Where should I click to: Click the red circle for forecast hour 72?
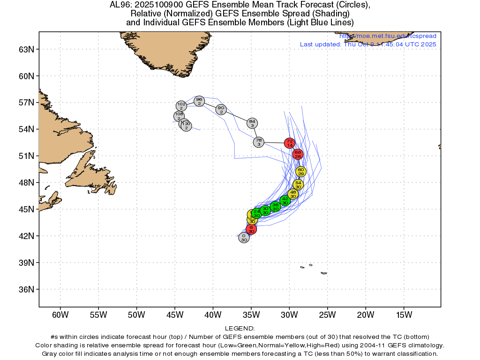click(290, 143)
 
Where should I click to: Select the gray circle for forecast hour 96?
click(199, 101)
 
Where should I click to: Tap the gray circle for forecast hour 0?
click(244, 238)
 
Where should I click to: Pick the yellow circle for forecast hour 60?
click(301, 172)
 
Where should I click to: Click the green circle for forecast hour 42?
click(285, 201)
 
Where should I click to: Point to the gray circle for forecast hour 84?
click(252, 123)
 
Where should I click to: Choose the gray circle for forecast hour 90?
click(221, 110)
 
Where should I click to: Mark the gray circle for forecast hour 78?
click(259, 142)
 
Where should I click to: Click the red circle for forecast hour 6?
click(251, 229)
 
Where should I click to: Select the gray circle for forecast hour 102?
click(181, 106)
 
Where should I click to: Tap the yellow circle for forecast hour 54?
click(298, 185)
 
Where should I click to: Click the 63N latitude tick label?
click(26, 49)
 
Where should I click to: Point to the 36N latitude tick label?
click(26, 289)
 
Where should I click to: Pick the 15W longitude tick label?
click(404, 314)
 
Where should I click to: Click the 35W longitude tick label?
click(251, 314)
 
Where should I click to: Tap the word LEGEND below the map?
click(240, 329)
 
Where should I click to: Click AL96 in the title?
click(120, 5)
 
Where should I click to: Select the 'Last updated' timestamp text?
click(368, 45)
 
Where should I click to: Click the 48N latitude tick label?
click(26, 182)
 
